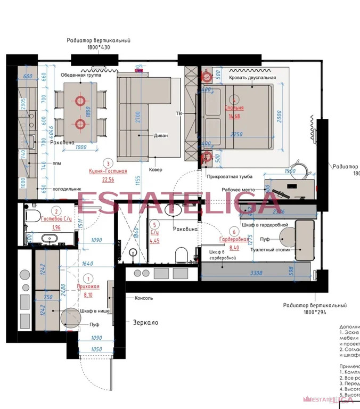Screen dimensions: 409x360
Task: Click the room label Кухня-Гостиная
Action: coord(108,171)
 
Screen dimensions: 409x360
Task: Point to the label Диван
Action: coord(160,135)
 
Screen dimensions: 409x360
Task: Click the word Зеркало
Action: coord(146,323)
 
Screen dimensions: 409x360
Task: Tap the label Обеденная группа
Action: coord(80,75)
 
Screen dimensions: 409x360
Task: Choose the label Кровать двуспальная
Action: coord(252,78)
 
